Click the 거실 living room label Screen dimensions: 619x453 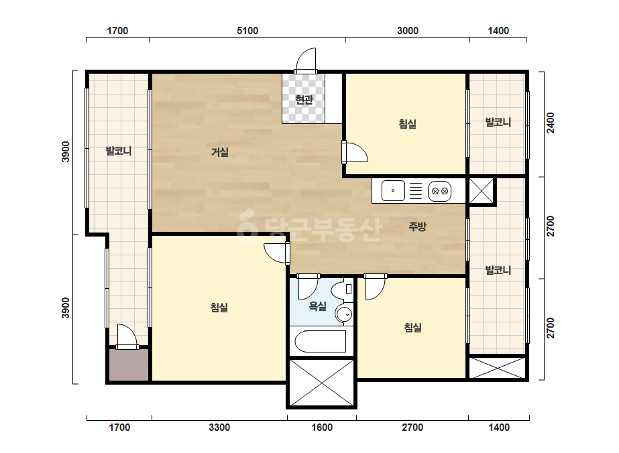[219, 152]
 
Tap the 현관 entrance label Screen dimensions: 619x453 [304, 100]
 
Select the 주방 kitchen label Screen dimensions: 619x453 [417, 226]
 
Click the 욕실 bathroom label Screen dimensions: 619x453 [317, 306]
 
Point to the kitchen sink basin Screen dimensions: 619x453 [393, 190]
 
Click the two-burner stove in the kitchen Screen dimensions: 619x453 [440, 191]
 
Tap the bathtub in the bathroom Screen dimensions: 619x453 [320, 341]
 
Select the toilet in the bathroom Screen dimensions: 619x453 [342, 289]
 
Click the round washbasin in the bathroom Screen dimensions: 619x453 [344, 314]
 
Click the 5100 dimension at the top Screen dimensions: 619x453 [247, 30]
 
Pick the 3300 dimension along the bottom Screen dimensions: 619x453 [219, 428]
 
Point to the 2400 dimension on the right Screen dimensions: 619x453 [551, 123]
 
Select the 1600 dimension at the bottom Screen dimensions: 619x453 [322, 428]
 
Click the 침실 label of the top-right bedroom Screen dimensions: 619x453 [407, 124]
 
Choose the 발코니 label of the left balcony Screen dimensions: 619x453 [119, 151]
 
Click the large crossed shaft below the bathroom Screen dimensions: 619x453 [321, 383]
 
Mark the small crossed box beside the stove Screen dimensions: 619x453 [482, 191]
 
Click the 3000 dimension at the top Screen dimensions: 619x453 [407, 30]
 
